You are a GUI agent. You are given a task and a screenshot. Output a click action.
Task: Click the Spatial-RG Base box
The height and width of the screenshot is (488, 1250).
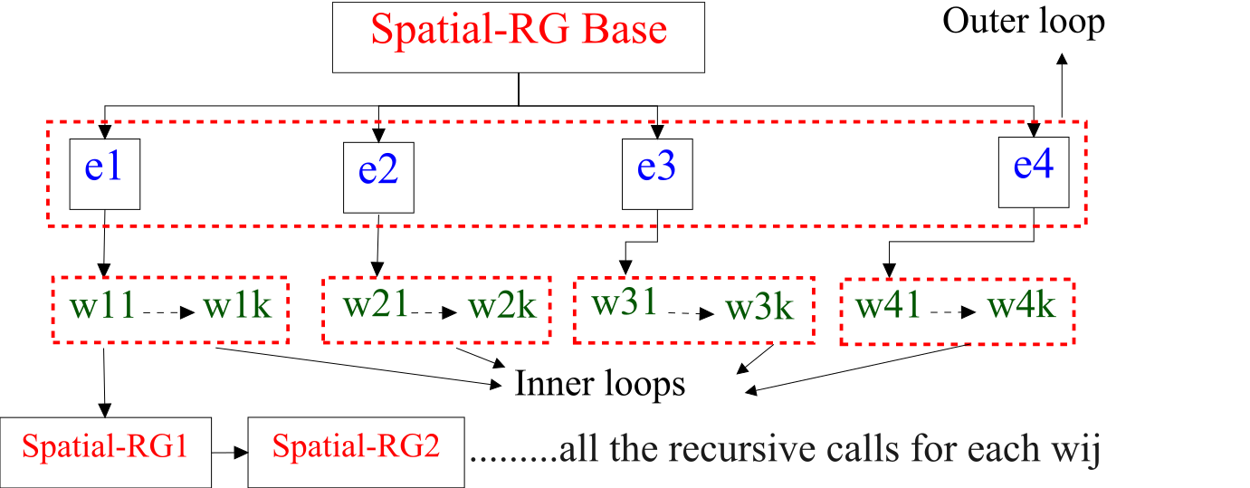pyautogui.click(x=519, y=36)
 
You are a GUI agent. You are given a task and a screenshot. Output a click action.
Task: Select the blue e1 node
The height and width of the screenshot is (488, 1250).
pyautogui.click(x=105, y=173)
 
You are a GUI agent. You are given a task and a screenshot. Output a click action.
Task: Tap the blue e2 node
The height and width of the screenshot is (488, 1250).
pyautogui.click(x=378, y=177)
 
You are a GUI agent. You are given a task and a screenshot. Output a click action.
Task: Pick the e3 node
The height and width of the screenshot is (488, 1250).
pyautogui.click(x=657, y=174)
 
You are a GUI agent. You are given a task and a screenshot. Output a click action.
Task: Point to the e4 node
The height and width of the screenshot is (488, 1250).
pyautogui.click(x=1034, y=171)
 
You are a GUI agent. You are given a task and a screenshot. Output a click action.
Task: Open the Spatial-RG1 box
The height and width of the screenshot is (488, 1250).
pyautogui.click(x=105, y=451)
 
